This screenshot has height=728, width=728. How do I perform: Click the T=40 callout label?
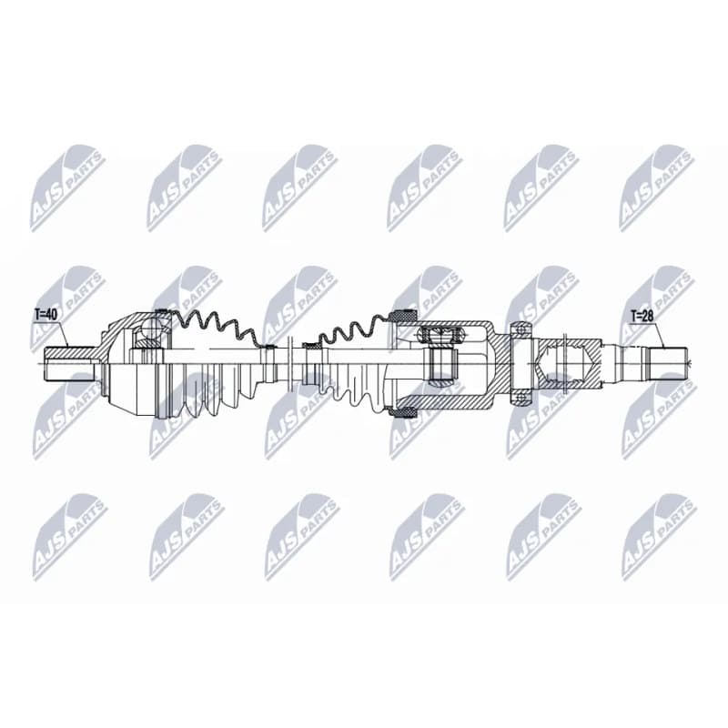tap(45, 315)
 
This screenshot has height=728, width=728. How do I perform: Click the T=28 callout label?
tap(642, 317)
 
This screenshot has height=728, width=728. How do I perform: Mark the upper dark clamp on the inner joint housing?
tap(402, 316)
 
